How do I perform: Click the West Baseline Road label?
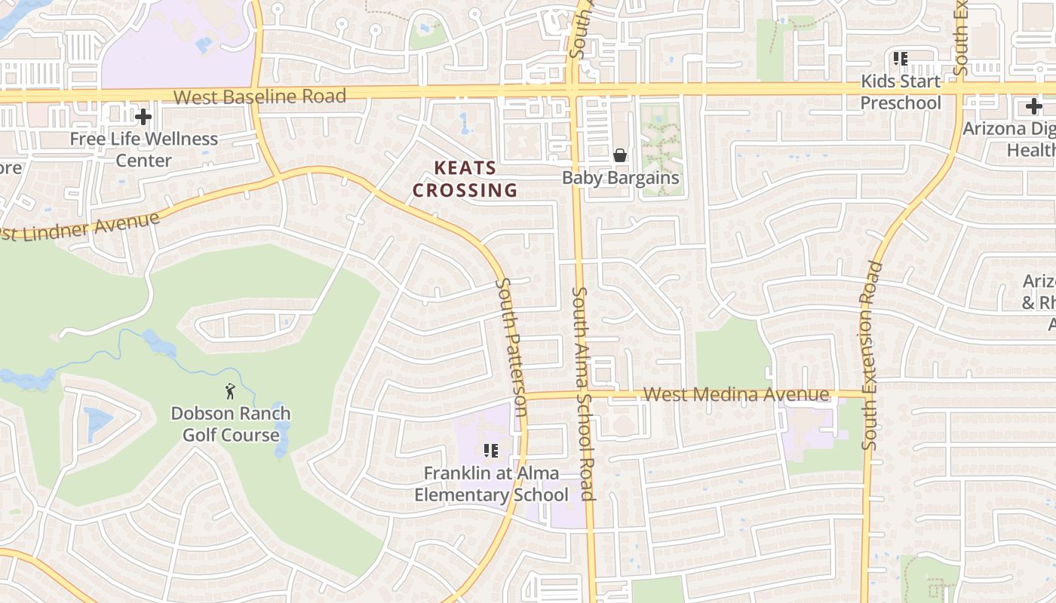[x=259, y=96]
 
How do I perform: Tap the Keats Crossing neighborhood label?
[x=465, y=179]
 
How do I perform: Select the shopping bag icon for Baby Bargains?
[x=620, y=155]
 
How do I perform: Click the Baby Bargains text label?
[x=621, y=178]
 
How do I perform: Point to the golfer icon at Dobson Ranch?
[x=230, y=391]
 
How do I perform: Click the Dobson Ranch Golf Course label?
[x=231, y=424]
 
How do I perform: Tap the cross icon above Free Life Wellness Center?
[x=143, y=116]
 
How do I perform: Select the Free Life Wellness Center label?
[x=143, y=149]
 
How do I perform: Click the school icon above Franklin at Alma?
[x=491, y=451]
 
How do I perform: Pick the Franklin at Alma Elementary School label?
[x=491, y=484]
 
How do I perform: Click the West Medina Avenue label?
[x=736, y=394]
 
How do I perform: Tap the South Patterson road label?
[x=511, y=347]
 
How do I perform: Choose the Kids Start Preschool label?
[x=901, y=91]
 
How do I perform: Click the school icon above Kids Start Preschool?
[x=900, y=58]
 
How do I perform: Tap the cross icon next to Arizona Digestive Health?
[x=1034, y=106]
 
